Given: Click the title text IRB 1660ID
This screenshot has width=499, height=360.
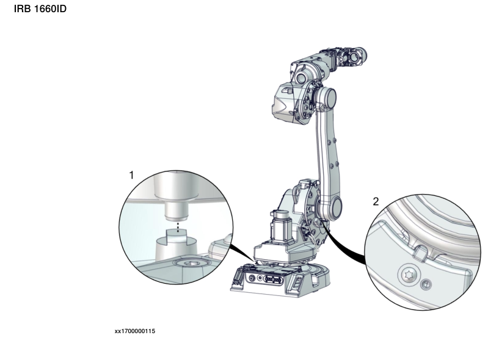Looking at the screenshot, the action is pyautogui.click(x=40, y=9).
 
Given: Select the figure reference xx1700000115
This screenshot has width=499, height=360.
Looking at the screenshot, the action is pyautogui.click(x=134, y=331).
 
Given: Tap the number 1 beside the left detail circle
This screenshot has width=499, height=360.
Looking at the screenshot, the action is pyautogui.click(x=131, y=175).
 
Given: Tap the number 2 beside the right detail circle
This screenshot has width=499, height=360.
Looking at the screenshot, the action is pyautogui.click(x=376, y=201).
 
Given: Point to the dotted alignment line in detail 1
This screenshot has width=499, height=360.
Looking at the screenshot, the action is pyautogui.click(x=178, y=227).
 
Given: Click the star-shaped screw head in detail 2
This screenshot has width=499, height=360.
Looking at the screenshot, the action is pyautogui.click(x=409, y=274).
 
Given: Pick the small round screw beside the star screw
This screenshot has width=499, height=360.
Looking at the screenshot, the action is pyautogui.click(x=426, y=284).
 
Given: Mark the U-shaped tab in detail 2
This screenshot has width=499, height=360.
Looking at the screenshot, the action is pyautogui.click(x=420, y=253).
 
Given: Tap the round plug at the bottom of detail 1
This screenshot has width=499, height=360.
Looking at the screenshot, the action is pyautogui.click(x=191, y=264).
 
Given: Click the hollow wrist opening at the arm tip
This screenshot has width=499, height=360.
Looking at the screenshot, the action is pyautogui.click(x=354, y=57).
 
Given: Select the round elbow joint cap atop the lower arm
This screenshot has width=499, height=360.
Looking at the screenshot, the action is pyautogui.click(x=327, y=98).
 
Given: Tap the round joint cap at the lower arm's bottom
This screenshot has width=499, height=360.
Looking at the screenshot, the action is pyautogui.click(x=332, y=207).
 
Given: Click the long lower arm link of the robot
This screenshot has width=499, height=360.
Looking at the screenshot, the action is pyautogui.click(x=327, y=153).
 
